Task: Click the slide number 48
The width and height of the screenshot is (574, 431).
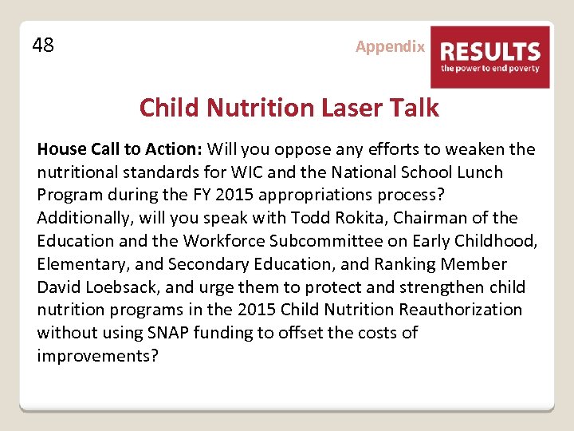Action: pyautogui.click(x=43, y=45)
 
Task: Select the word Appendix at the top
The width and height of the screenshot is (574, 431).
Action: pyautogui.click(x=390, y=46)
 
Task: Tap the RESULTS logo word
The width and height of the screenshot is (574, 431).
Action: pyautogui.click(x=490, y=52)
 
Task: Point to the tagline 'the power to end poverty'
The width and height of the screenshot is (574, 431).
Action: pyautogui.click(x=490, y=69)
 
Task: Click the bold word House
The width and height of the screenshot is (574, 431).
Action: pyautogui.click(x=61, y=149)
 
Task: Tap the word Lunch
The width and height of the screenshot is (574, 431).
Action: pyautogui.click(x=479, y=172)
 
